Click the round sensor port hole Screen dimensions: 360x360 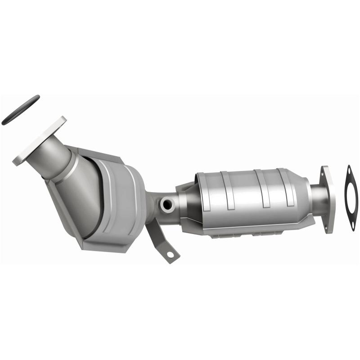click(167, 205)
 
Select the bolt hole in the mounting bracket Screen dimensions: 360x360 click(170, 254)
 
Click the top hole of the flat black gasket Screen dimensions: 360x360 click(349, 169)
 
